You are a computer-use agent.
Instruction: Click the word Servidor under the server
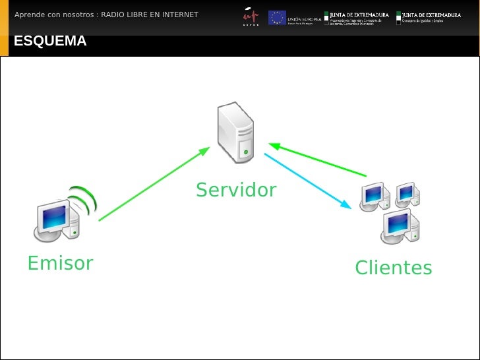point(236,191)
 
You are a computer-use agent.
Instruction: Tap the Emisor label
point(60,263)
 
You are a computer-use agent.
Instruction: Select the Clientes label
point(393,268)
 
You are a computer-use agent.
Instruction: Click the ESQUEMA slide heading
point(50,42)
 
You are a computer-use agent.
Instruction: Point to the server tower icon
point(237,132)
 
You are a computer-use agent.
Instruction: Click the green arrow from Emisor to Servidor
point(153,184)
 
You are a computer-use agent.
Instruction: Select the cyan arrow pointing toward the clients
point(307,181)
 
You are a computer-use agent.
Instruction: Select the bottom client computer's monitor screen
point(398,224)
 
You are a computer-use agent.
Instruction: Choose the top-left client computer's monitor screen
point(373,194)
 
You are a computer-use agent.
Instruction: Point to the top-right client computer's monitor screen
point(405,192)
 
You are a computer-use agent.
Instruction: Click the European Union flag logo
point(277,17)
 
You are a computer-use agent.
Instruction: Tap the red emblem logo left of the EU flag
point(251,16)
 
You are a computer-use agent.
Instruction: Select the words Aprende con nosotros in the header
point(53,15)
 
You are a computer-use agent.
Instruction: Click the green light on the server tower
point(246,152)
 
